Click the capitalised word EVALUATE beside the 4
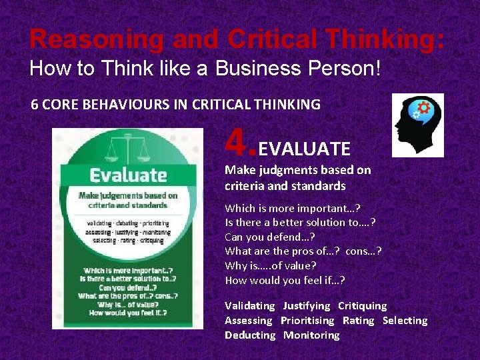click(307, 148)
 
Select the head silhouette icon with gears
click(417, 125)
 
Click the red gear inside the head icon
click(424, 107)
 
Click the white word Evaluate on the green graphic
click(128, 175)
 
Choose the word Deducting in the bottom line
click(250, 335)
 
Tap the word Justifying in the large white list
click(307, 306)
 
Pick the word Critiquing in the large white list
click(362, 306)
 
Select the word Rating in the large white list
click(359, 321)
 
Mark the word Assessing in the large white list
click(249, 321)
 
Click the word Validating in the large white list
click(250, 306)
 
